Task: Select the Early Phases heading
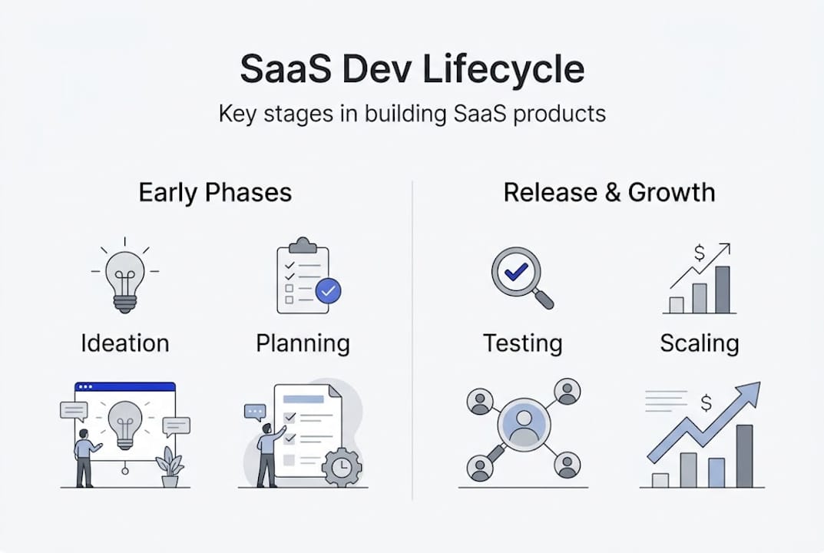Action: pos(215,192)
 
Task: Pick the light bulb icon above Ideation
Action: pos(125,281)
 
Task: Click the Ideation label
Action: pos(124,343)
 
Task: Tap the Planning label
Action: pos(303,343)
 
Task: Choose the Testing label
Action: pos(522,343)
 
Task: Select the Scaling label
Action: pos(699,343)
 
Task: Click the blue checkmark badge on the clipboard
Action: pos(329,290)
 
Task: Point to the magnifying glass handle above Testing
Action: pos(543,298)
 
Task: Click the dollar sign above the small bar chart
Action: pos(699,253)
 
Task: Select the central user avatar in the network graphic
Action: pos(523,425)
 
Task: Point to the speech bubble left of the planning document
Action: pos(254,412)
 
